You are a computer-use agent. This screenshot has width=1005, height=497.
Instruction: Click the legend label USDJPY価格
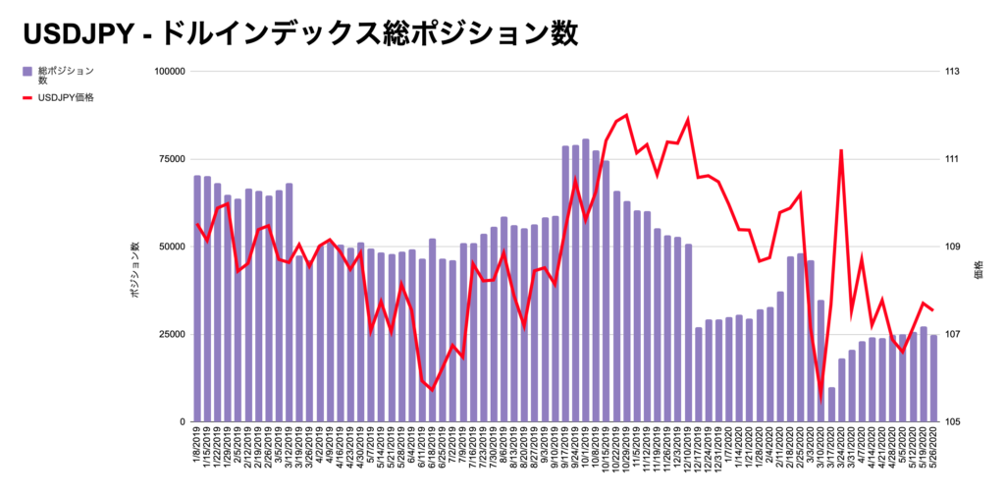coord(66,98)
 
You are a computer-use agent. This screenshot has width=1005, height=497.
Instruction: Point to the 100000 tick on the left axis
coord(170,72)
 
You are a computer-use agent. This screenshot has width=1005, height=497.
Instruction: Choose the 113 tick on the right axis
coord(952,72)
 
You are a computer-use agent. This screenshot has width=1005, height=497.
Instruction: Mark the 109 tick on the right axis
coord(952,247)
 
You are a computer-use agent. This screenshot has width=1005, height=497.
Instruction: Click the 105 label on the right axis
coord(952,421)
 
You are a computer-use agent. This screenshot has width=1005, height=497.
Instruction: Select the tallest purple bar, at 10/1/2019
coord(586,280)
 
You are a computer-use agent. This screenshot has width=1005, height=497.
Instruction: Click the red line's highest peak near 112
coord(626,115)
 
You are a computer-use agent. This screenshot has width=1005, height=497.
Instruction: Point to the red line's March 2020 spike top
coord(841,150)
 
